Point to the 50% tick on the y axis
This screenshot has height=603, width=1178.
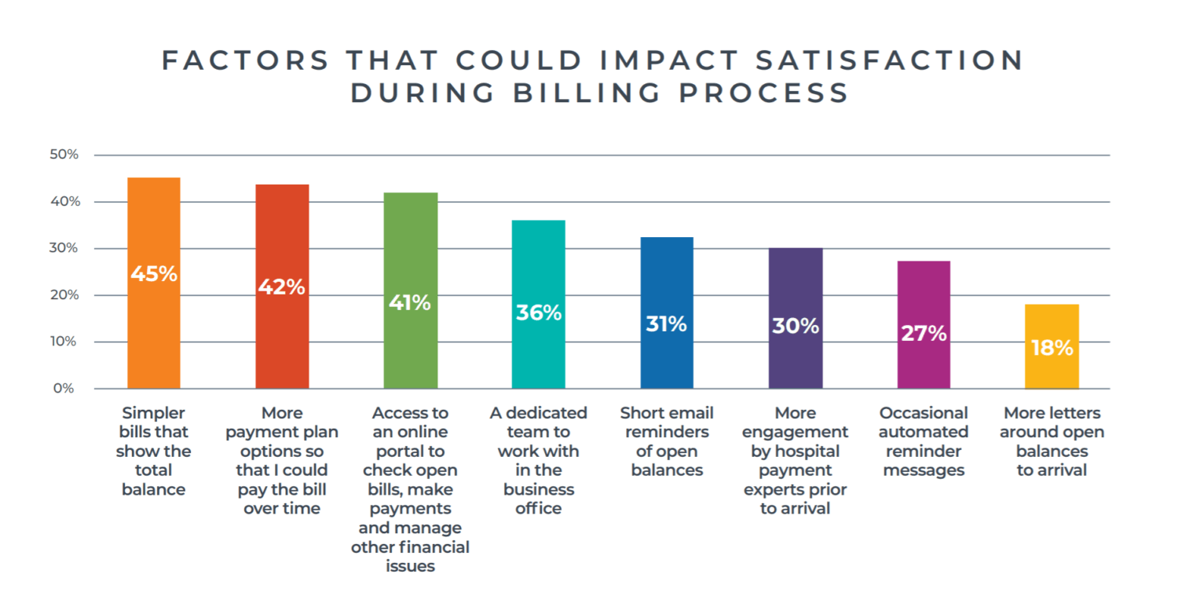coord(64,155)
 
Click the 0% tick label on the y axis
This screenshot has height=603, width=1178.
coord(64,389)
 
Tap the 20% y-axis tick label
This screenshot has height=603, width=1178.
coord(64,295)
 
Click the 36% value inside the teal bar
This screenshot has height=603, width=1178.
coord(538,312)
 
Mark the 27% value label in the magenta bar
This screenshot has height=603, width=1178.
coord(924,333)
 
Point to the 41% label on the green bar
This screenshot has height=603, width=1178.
coord(410,302)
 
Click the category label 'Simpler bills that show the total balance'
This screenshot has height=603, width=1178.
coord(154,451)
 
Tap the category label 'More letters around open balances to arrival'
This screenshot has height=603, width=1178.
coord(1052,441)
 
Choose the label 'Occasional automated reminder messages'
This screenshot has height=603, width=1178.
coord(924,441)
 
